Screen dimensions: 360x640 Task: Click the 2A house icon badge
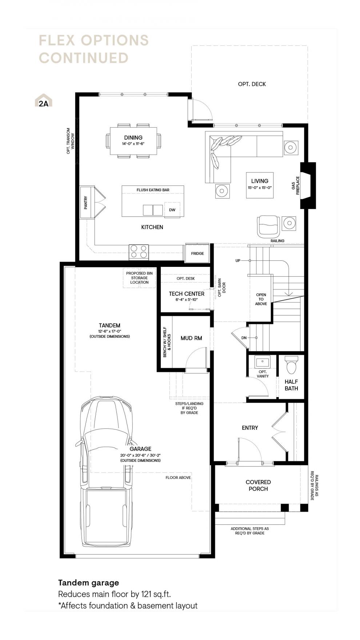coord(43,101)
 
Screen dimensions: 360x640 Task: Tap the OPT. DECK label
coord(252,84)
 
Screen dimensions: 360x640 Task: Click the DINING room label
coord(133,137)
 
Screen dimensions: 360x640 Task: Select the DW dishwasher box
coord(172,210)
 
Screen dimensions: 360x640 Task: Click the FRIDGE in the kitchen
coord(197,253)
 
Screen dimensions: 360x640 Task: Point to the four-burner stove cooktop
coord(139,252)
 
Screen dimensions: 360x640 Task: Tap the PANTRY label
coord(86,203)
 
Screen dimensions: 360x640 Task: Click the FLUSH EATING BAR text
coord(153,190)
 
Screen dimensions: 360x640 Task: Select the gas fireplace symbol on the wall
coord(308,185)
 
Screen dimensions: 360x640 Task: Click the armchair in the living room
coord(269,226)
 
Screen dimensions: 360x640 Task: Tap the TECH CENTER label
coord(187,294)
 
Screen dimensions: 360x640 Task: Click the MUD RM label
coord(191,338)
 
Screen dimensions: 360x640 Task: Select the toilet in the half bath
coord(292,365)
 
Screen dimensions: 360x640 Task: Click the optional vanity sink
coord(263,362)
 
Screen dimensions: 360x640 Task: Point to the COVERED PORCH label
coord(258,485)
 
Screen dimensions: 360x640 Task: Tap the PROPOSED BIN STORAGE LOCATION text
coord(139,278)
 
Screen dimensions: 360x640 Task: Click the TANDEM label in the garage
coord(109,325)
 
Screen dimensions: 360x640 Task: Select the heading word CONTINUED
coord(84,58)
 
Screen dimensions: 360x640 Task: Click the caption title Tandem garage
coord(89,583)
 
